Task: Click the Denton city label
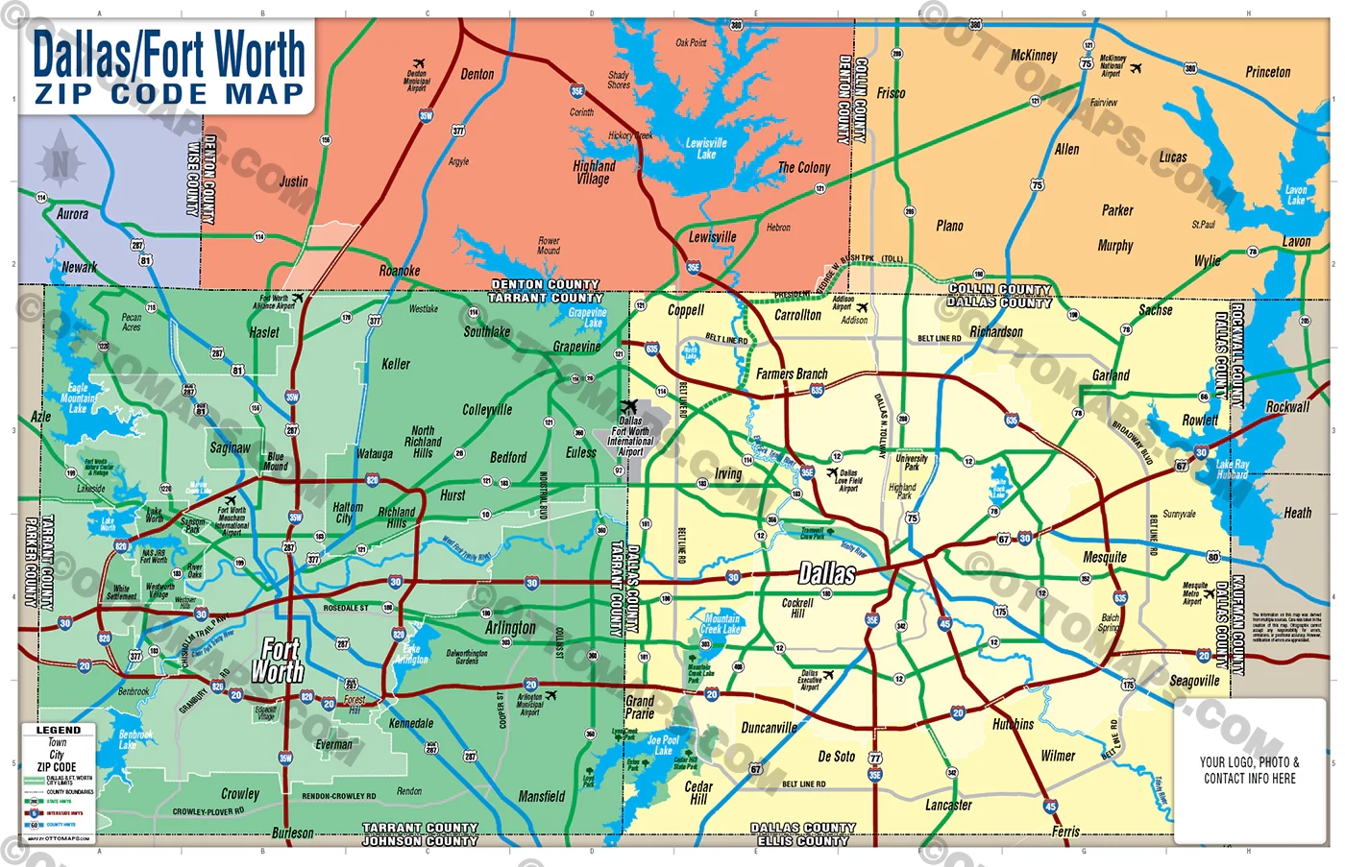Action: [477, 74]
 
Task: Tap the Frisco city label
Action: [891, 93]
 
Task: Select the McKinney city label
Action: [1034, 56]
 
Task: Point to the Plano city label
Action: [949, 226]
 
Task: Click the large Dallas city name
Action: [826, 574]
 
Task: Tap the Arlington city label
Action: [510, 627]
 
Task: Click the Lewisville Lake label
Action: [706, 149]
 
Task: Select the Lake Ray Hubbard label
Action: [1232, 470]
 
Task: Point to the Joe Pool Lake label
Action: [663, 745]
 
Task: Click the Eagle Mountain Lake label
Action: [78, 398]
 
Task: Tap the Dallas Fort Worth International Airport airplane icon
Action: [628, 407]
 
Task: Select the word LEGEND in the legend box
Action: [59, 730]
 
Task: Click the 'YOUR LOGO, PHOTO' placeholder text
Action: [1249, 762]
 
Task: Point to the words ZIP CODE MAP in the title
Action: [169, 94]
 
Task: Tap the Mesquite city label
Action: [1104, 557]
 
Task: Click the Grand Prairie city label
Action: [640, 708]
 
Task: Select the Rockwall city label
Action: [1287, 407]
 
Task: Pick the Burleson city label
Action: [292, 832]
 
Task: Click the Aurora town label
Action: [72, 214]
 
